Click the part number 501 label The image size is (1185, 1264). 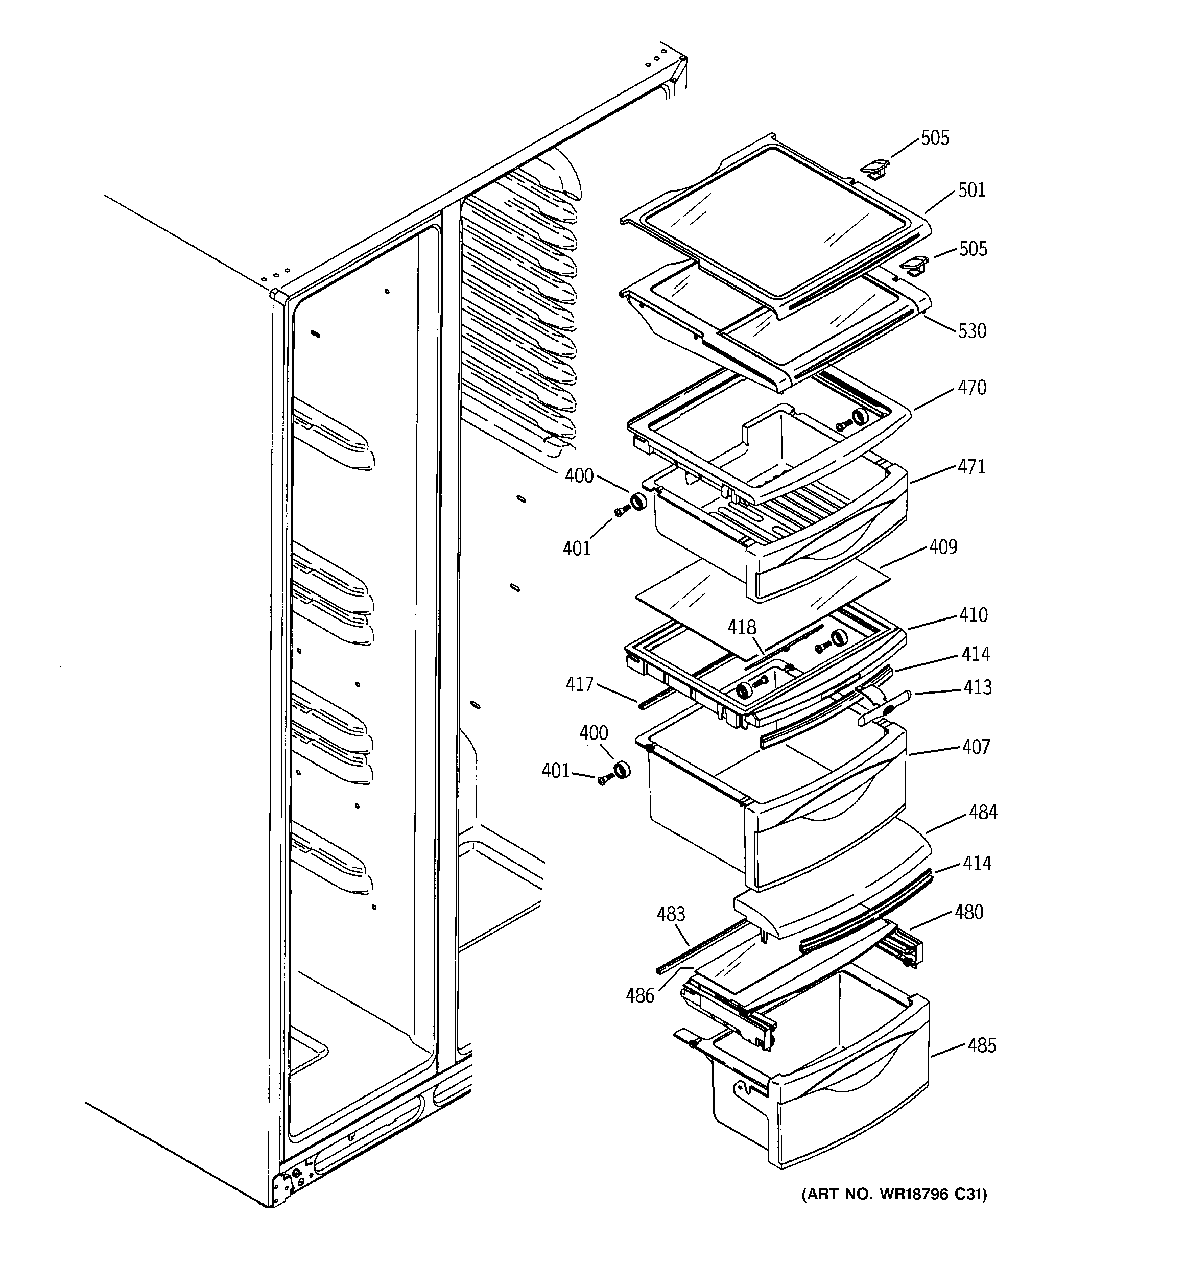971,190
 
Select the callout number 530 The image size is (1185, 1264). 972,330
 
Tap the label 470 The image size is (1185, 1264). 972,387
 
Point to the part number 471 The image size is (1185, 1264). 972,467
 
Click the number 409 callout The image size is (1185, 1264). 943,547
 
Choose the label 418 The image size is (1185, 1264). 742,628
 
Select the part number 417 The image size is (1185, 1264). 579,684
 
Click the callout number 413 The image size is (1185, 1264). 977,687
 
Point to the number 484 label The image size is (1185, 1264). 983,812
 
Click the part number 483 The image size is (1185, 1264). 671,914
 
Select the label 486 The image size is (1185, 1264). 639,995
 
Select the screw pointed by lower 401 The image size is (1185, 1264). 604,779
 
